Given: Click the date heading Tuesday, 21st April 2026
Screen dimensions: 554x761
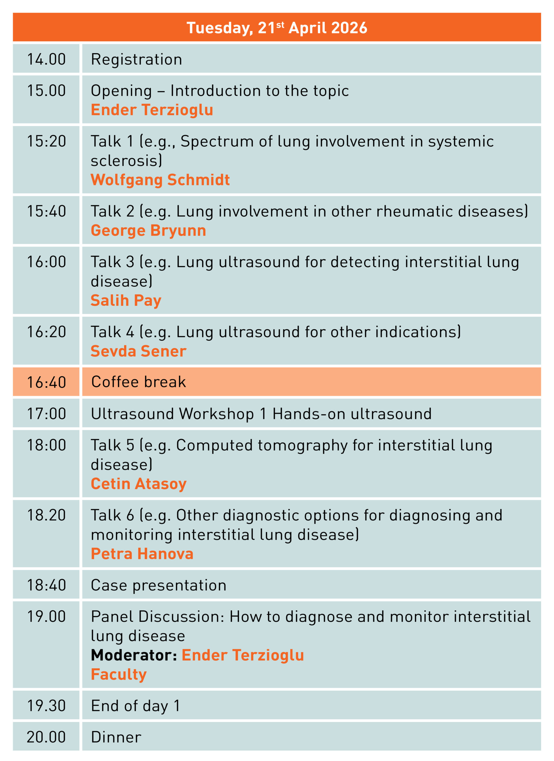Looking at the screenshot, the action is pyautogui.click(x=277, y=28).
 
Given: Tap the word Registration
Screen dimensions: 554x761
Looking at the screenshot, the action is pyautogui.click(x=136, y=59).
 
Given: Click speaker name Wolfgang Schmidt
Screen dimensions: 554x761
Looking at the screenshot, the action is pyautogui.click(x=160, y=180).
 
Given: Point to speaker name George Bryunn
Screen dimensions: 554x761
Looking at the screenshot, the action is pyautogui.click(x=148, y=230).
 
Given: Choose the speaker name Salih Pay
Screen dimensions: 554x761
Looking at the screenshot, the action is pyautogui.click(x=126, y=300).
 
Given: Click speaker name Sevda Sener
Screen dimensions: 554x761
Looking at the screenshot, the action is pyautogui.click(x=139, y=351).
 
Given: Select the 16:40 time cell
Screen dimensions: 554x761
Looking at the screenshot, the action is pyautogui.click(x=46, y=381).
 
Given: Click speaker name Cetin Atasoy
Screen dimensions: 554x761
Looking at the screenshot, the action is pyautogui.click(x=139, y=484).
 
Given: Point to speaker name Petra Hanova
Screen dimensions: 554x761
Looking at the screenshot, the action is pyautogui.click(x=142, y=554).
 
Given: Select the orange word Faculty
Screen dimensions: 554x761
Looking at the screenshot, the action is pyautogui.click(x=119, y=674).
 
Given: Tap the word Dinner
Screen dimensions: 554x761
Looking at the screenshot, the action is pyautogui.click(x=116, y=737).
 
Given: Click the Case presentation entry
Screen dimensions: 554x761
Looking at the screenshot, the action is pyautogui.click(x=159, y=585).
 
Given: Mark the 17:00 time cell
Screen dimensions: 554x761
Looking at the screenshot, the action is pyautogui.click(x=46, y=413).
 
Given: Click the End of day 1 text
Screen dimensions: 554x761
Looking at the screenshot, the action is pyautogui.click(x=136, y=706).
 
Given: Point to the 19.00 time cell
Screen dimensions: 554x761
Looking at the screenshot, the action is pyautogui.click(x=46, y=644).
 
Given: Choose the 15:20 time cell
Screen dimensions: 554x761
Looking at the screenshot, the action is pyautogui.click(x=46, y=160).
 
